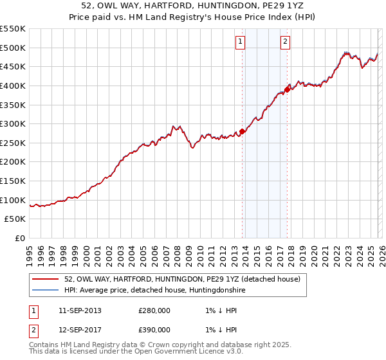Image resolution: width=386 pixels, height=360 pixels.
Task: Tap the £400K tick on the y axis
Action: coord(13,85)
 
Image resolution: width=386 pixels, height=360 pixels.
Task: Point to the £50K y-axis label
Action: coord(15,219)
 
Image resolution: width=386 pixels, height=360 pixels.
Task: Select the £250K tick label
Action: coord(13,143)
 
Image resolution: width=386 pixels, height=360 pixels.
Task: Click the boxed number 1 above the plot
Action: coord(239,42)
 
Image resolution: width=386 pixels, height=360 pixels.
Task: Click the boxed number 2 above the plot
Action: coord(284,42)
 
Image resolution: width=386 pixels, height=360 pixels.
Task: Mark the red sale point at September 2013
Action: coord(242,131)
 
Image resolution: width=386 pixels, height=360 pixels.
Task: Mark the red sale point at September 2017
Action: coord(288,89)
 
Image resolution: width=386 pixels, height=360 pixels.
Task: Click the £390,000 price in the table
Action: coord(154,329)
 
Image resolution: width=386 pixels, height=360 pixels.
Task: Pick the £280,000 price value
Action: coord(154,310)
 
